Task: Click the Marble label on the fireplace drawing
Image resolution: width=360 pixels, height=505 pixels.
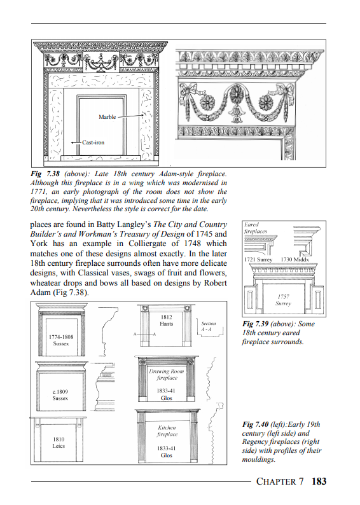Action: (x=107, y=117)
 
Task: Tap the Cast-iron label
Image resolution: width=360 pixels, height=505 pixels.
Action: (x=93, y=142)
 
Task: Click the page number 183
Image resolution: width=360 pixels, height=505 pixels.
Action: (x=319, y=481)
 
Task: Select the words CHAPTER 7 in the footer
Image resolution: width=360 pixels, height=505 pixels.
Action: (x=279, y=481)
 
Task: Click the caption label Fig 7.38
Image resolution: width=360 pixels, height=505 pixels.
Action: (x=45, y=174)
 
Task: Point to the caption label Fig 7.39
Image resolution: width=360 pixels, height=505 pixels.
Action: (x=255, y=324)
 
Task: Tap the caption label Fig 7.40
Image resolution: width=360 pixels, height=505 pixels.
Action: (x=255, y=424)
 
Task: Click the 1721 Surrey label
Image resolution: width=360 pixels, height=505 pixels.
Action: (x=258, y=259)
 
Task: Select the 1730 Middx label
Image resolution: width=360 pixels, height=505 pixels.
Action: (x=294, y=259)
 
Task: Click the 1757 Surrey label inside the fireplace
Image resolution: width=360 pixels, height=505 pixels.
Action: (x=283, y=300)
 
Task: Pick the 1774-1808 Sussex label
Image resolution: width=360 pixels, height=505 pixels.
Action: (x=61, y=340)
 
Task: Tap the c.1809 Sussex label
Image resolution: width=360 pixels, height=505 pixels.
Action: (x=60, y=395)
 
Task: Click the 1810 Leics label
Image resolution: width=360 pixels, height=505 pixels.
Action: (x=59, y=443)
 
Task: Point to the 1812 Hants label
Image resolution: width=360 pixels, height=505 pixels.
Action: (x=166, y=321)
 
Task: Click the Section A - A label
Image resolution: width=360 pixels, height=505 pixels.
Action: (x=208, y=326)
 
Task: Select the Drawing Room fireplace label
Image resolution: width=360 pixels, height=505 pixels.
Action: (x=167, y=375)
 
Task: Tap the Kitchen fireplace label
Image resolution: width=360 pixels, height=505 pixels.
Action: (x=167, y=431)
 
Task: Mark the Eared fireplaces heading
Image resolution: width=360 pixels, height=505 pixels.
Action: (x=255, y=228)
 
